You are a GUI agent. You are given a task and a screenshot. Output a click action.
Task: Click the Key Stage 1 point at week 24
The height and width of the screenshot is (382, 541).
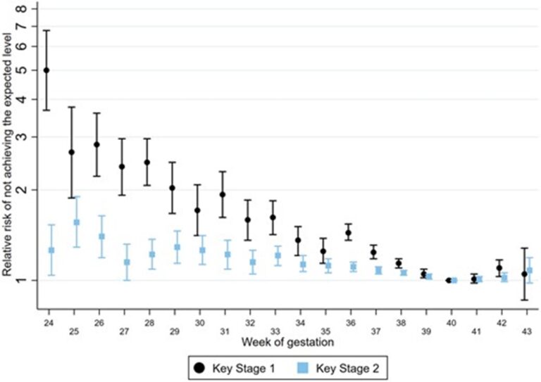[46, 70]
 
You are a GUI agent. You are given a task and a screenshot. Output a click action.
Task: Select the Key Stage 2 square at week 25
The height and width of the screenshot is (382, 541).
[76, 222]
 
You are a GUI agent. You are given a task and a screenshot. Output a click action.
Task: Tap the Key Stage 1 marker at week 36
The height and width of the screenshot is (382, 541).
[348, 233]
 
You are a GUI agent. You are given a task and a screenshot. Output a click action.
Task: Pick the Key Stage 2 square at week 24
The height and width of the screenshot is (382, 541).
[51, 250]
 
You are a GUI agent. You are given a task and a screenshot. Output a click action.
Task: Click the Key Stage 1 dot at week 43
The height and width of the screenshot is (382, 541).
[524, 274]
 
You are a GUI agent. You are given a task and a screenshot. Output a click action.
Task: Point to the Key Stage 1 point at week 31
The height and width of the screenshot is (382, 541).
[223, 195]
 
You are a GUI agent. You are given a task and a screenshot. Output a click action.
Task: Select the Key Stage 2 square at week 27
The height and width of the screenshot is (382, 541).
[127, 262]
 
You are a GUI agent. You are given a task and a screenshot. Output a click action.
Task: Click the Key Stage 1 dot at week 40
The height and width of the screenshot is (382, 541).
[449, 281]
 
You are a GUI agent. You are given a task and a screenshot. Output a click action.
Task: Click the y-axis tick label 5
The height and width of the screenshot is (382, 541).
[26, 70]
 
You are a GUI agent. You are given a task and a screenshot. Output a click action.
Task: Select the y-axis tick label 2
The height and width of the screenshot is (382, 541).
[26, 190]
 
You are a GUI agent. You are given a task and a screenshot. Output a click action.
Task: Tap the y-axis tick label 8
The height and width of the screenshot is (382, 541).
[26, 9]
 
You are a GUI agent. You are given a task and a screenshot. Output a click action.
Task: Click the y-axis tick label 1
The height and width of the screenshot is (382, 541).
[26, 281]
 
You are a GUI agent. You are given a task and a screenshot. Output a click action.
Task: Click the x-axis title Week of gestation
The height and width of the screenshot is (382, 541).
[285, 342]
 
